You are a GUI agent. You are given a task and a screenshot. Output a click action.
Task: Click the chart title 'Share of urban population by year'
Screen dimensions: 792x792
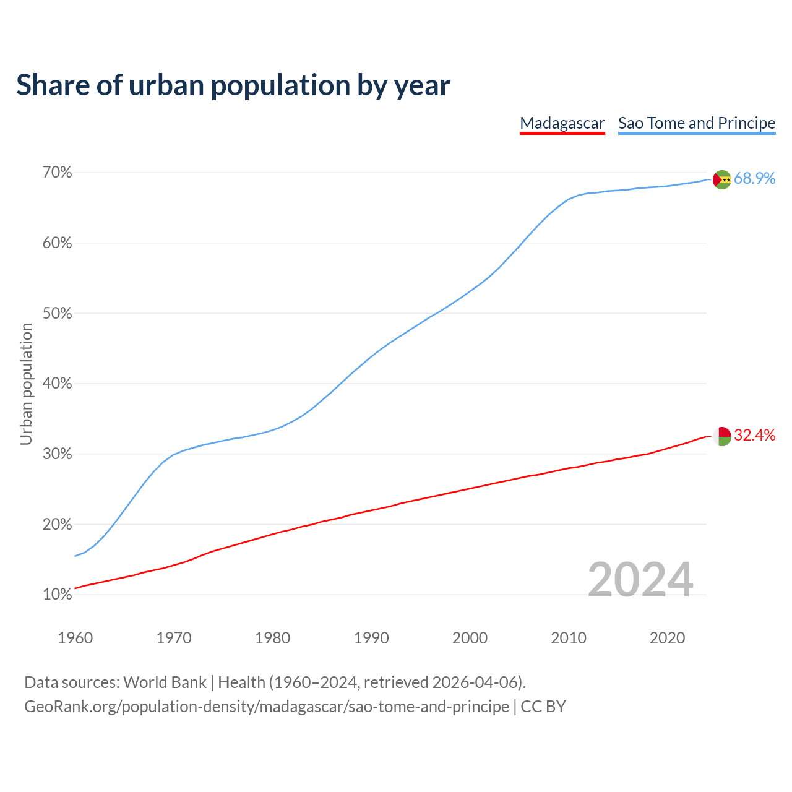[x=233, y=85]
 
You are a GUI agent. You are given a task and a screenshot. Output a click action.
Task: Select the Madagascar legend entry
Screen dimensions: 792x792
[x=562, y=123]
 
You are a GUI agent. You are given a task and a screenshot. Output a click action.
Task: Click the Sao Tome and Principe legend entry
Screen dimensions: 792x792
[x=696, y=123]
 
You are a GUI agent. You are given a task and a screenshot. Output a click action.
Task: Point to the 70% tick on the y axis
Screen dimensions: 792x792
[x=57, y=173]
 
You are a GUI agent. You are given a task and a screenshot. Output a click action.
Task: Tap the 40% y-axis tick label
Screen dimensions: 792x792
[x=57, y=384]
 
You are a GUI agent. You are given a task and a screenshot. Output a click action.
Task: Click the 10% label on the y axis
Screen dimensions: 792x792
[x=57, y=595]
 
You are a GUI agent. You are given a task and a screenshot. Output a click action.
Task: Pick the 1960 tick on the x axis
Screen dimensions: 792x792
[x=75, y=638]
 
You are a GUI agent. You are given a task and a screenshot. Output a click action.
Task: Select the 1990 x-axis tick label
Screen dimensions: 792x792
[x=371, y=638]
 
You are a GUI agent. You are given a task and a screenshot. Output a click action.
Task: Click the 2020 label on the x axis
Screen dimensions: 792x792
[x=667, y=638]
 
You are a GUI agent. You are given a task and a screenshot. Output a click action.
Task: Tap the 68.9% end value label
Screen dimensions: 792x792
[x=754, y=179]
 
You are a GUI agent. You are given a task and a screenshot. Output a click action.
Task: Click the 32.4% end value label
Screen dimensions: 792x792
[x=754, y=436]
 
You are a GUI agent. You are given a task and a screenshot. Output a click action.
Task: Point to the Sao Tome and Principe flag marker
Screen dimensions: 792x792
[x=721, y=179]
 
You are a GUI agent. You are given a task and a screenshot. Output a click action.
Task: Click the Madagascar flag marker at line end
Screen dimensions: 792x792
[x=721, y=436]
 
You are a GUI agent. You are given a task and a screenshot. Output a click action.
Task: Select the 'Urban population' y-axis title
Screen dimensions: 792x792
[x=26, y=384]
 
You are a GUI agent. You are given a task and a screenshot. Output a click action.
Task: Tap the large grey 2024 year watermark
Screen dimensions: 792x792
[x=640, y=580]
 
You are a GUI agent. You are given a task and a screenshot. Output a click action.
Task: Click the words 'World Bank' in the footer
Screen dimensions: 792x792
[x=165, y=682]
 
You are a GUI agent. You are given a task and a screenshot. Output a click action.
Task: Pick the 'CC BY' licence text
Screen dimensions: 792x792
[x=543, y=707]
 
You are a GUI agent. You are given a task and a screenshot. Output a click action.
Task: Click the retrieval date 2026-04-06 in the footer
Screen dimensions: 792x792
[x=474, y=682]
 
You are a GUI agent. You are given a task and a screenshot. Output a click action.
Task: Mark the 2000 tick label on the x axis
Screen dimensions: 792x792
[x=470, y=638]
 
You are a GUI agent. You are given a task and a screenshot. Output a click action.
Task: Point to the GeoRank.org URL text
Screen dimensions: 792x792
[x=266, y=707]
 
